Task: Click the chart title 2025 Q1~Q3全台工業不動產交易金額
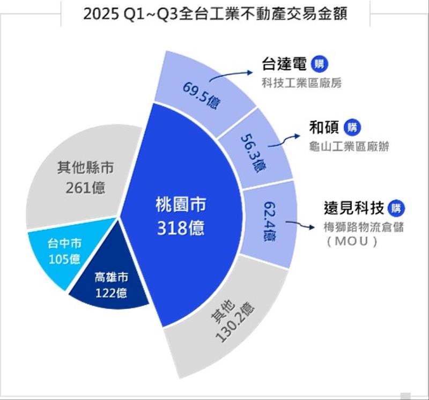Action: (215, 13)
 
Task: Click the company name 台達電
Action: (284, 65)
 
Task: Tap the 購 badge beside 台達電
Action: (320, 65)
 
